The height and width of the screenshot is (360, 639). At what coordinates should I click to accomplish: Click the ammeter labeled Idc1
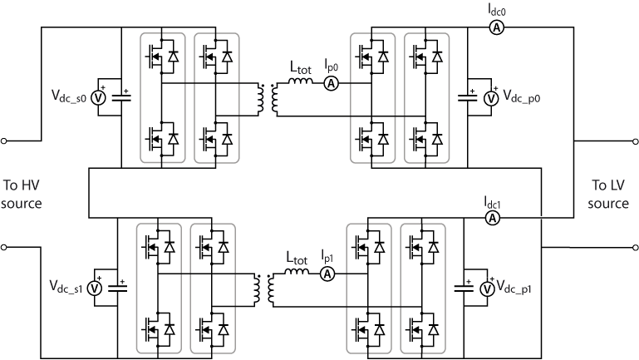coord(492,219)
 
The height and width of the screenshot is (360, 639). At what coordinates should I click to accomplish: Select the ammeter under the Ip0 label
coord(330,85)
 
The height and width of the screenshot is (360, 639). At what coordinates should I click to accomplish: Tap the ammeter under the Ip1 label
coord(327,274)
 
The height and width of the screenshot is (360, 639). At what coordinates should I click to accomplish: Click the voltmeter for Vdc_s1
coord(94,288)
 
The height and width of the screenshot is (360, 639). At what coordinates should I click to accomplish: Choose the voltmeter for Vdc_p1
coord(486,288)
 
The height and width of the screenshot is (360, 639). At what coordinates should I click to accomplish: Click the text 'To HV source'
coord(22,194)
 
